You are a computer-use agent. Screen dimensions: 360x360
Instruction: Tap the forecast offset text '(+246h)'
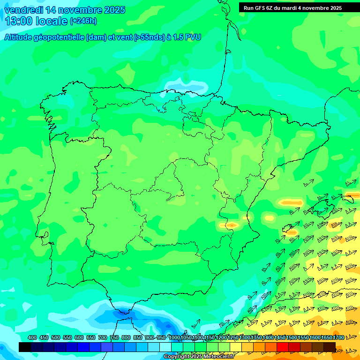click(x=83, y=21)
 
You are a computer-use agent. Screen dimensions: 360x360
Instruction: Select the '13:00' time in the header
click(x=19, y=21)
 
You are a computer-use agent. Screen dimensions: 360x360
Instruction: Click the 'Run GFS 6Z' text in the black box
click(x=258, y=8)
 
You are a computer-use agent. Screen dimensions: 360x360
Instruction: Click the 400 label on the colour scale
click(x=32, y=338)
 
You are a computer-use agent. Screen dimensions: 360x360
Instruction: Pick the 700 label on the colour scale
click(x=103, y=338)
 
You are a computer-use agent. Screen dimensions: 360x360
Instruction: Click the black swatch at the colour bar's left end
click(x=25, y=347)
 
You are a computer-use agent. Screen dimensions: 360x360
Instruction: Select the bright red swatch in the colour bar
click(x=283, y=347)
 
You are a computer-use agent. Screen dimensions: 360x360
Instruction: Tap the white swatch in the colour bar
click(x=165, y=347)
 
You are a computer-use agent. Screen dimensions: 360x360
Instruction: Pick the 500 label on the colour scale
click(x=56, y=338)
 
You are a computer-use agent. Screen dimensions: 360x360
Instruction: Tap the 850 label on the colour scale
click(x=138, y=338)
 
